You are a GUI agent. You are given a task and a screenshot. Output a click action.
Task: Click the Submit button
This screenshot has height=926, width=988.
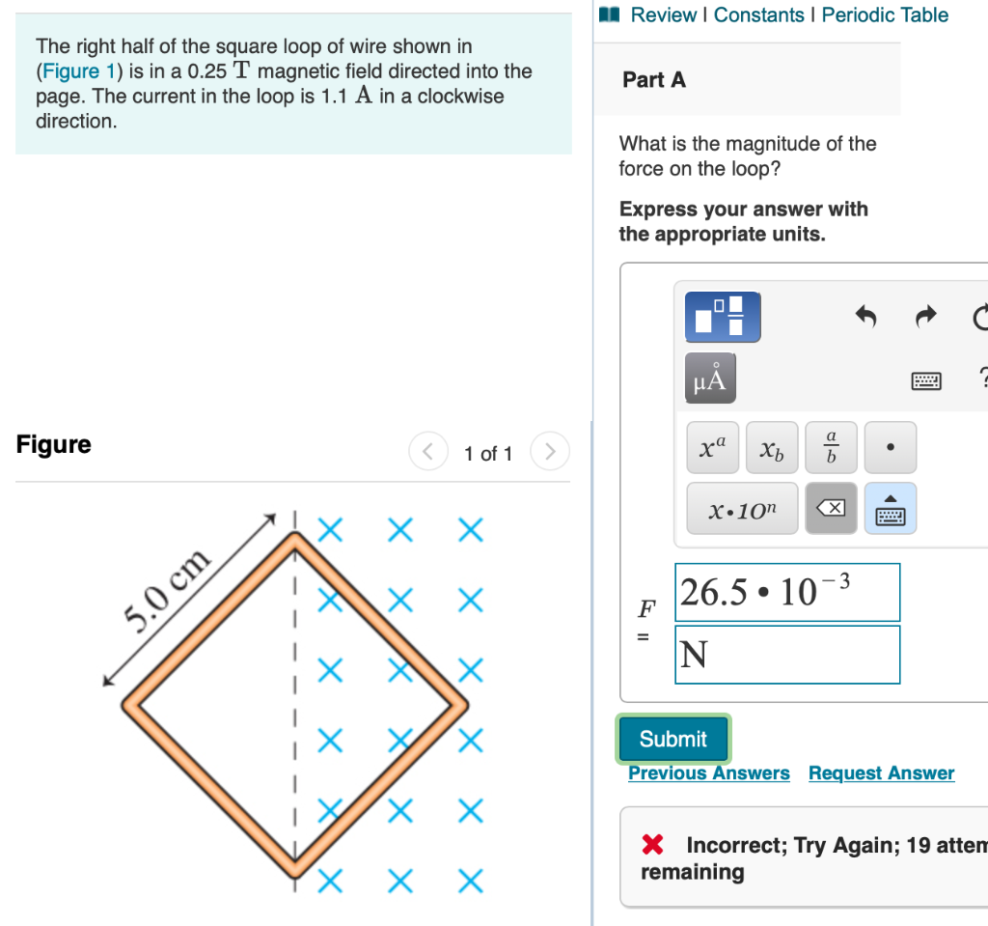[x=672, y=739]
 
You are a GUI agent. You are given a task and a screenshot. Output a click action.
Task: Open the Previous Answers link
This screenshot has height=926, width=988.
[x=708, y=773]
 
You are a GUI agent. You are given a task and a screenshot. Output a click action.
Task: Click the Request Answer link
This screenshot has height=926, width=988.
[x=881, y=773]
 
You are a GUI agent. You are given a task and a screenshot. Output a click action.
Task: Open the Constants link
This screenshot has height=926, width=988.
[x=758, y=15]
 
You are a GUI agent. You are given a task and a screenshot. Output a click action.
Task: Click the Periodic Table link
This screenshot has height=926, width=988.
[x=885, y=15]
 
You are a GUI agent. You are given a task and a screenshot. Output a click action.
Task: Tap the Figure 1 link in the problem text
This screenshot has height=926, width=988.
[x=72, y=71]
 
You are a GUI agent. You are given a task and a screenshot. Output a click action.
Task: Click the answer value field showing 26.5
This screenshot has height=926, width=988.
[x=786, y=592]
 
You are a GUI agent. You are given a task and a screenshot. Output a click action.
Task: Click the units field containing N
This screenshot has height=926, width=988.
[x=786, y=655]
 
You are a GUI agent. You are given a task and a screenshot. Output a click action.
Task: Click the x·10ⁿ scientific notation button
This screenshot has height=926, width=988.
[x=741, y=509]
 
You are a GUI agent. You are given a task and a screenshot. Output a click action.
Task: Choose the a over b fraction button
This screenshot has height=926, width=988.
[x=830, y=447]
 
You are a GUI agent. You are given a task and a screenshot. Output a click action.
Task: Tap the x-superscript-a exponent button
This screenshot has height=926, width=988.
[x=714, y=447]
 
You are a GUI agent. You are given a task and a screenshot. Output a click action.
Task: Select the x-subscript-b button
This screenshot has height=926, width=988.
[x=772, y=447]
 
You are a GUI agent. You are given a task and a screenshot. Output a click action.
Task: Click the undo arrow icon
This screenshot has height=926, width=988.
[x=865, y=317]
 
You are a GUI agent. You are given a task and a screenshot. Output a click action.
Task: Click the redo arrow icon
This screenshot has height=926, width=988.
[x=925, y=317]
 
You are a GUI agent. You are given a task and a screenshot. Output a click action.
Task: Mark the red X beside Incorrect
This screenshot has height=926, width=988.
[x=653, y=846]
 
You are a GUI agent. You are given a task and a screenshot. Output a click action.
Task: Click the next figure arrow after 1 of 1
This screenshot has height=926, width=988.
[x=550, y=452]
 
